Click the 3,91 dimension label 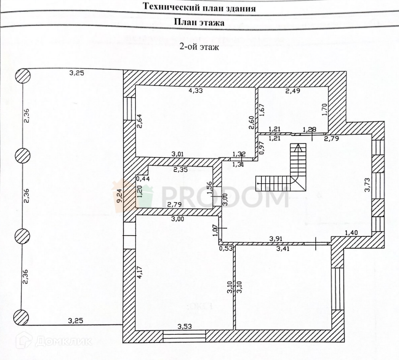tap(276, 239)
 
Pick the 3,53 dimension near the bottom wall tap(184, 326)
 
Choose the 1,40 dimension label tap(351, 233)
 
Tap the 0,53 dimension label tap(226, 248)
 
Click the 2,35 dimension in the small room tap(181, 170)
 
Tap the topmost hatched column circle tap(23, 76)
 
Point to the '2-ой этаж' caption tap(199, 47)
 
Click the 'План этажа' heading tap(199, 22)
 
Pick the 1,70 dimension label tap(325, 110)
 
